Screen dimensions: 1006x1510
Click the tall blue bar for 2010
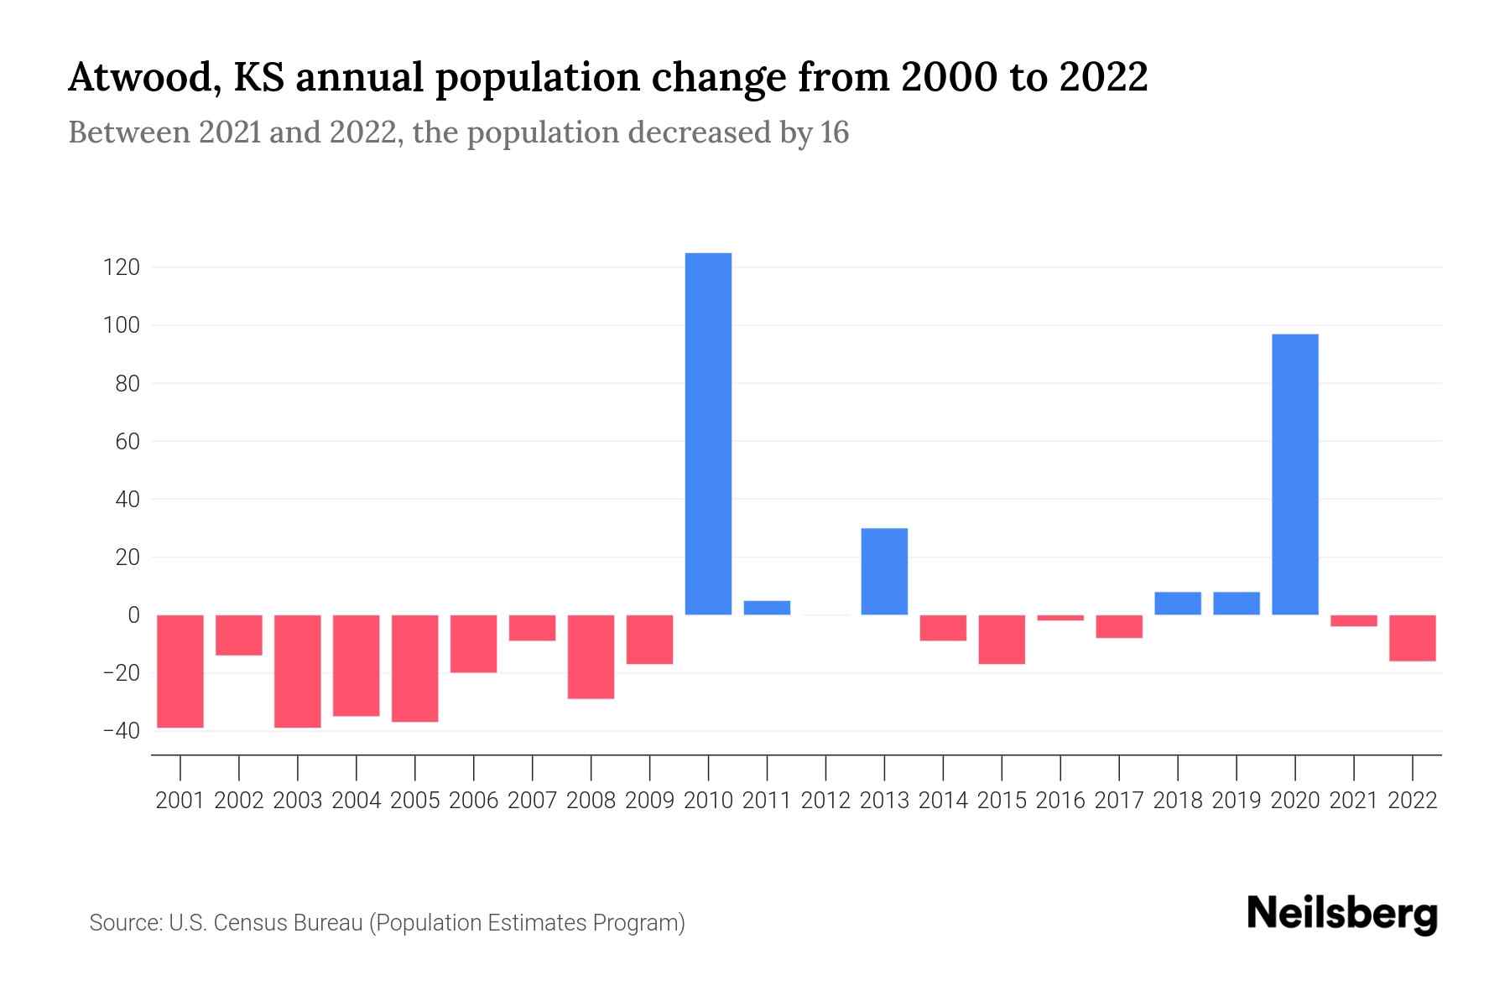(708, 433)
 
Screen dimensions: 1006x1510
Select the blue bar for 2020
(1294, 474)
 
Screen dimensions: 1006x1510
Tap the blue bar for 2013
(884, 571)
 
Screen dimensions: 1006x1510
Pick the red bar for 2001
(180, 671)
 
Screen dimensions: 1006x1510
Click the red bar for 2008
(591, 656)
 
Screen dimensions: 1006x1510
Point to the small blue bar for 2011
(767, 608)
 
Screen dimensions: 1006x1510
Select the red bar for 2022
(1412, 638)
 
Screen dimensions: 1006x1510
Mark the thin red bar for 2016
(1060, 618)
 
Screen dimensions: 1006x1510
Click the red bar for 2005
(414, 668)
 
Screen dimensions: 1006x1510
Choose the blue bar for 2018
(1177, 604)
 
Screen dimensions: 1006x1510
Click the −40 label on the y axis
(120, 731)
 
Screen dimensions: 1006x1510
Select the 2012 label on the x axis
(825, 801)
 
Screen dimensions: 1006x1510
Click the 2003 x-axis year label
(298, 801)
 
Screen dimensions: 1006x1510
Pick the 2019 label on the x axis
(1236, 801)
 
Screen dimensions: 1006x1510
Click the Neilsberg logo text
(1342, 914)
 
